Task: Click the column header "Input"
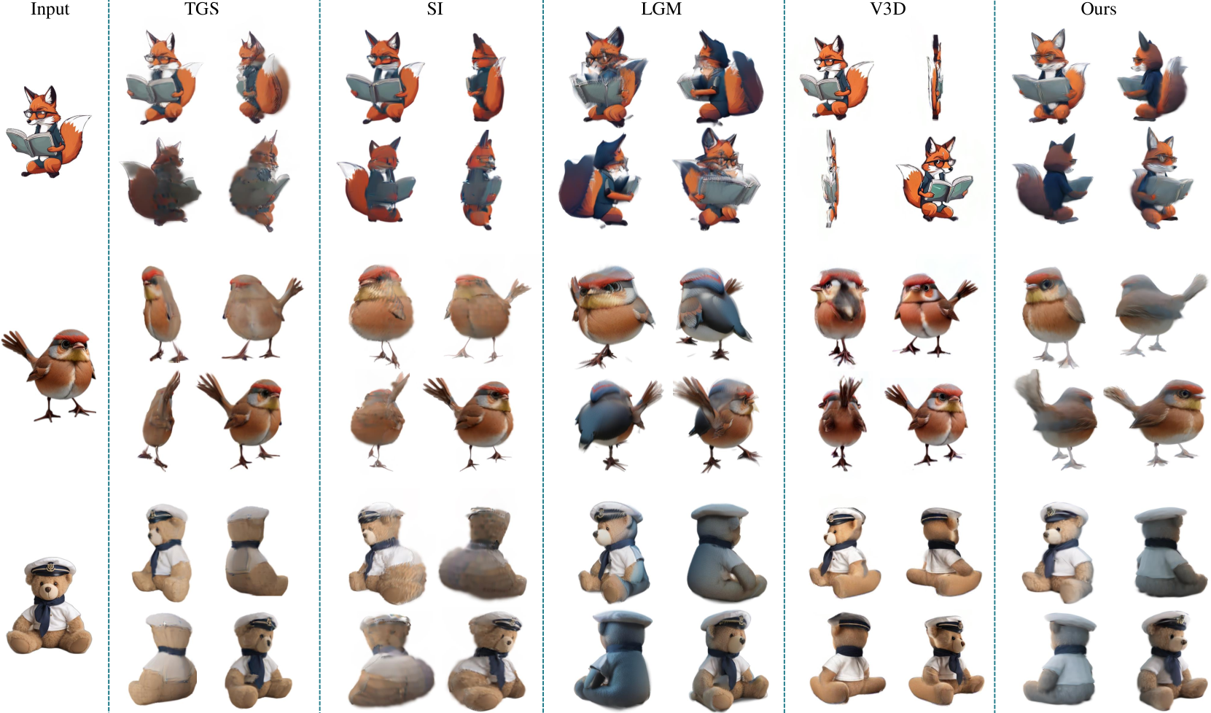tap(50, 9)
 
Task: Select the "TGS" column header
tap(202, 9)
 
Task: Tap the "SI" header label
tap(435, 9)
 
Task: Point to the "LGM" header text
tap(661, 9)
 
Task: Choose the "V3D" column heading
tap(888, 9)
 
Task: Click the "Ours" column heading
tap(1098, 9)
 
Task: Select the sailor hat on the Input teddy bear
tap(50, 566)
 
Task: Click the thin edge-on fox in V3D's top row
tap(935, 77)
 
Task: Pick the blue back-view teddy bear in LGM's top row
tap(726, 552)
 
